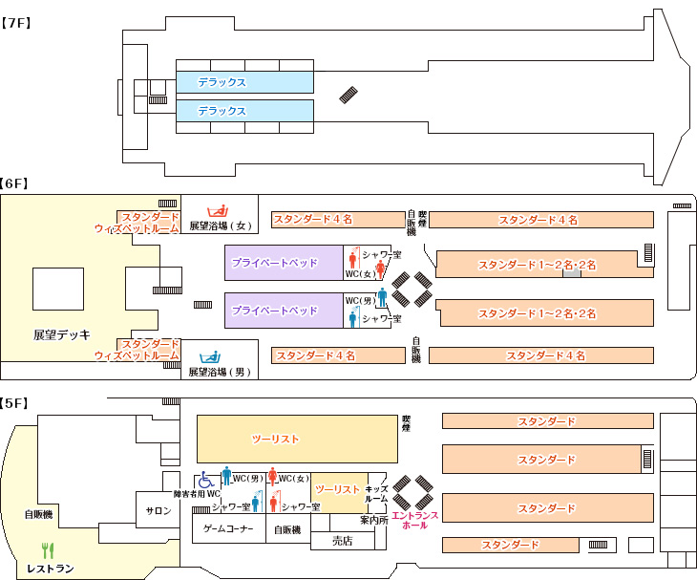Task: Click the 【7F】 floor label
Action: (17, 22)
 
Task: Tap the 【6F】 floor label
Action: (17, 183)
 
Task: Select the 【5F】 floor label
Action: (17, 403)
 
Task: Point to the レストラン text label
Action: (51, 569)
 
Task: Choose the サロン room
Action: (158, 511)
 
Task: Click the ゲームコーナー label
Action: (228, 529)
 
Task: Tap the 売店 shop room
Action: (342, 541)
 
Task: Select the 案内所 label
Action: (373, 521)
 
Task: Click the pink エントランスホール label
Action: (415, 521)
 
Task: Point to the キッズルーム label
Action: (377, 494)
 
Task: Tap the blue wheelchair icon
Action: (206, 481)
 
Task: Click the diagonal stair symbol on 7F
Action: (350, 95)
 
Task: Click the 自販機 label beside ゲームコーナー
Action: (287, 529)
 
